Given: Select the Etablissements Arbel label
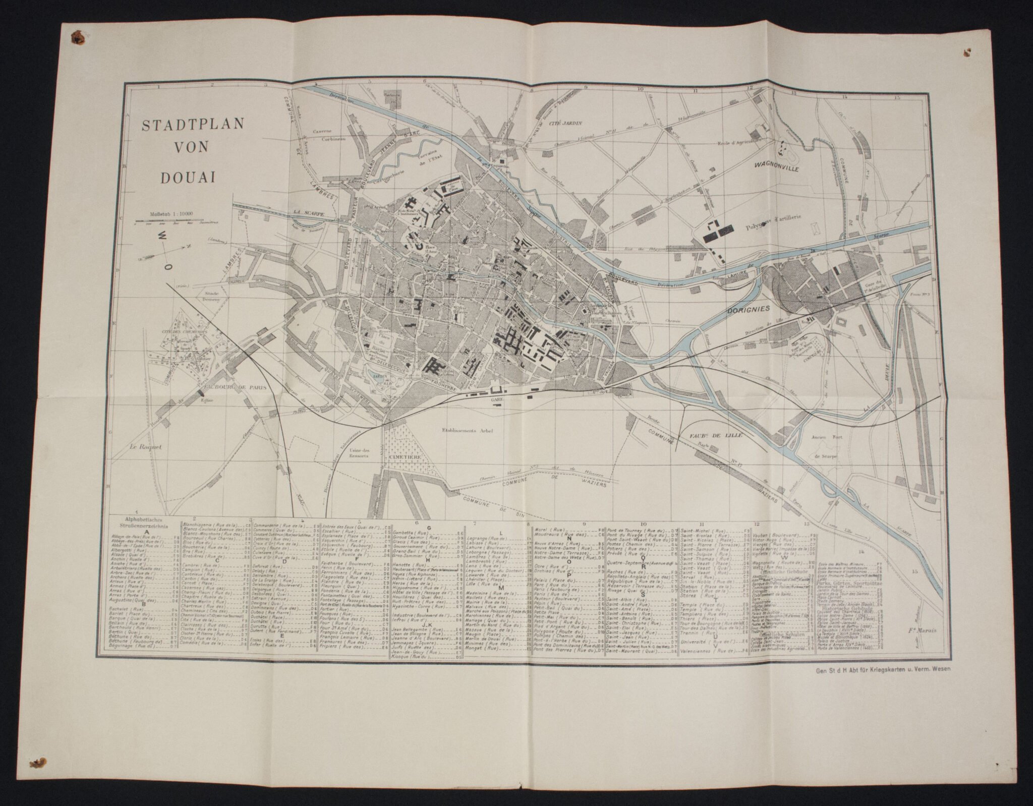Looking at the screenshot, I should [468, 430].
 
